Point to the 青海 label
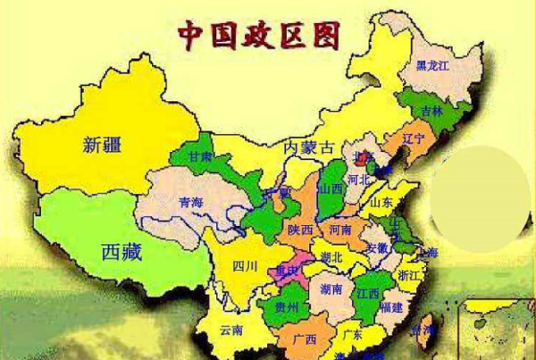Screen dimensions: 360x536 [x=190, y=203]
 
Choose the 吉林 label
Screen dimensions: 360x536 [x=432, y=112]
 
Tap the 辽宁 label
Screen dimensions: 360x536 [x=413, y=139]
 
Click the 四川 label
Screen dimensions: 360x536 [x=244, y=265]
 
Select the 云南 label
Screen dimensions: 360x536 [x=231, y=331]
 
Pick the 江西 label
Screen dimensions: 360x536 [x=367, y=294]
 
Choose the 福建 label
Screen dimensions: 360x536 [x=389, y=307]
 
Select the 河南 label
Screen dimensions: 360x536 [x=340, y=230]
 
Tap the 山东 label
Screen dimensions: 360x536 [x=381, y=203]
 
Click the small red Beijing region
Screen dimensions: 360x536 [x=361, y=155]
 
